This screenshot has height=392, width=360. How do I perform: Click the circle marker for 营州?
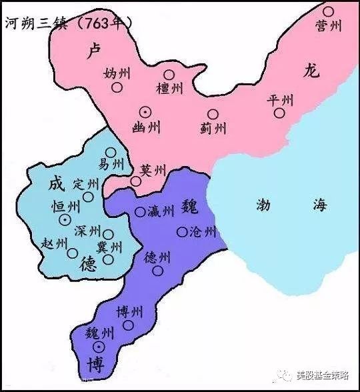click(328, 11)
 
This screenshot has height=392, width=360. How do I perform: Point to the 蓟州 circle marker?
click(213, 114)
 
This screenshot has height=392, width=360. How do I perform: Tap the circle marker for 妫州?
click(117, 87)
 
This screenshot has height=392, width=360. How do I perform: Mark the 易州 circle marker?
click(111, 152)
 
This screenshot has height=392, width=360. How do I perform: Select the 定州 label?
click(85, 183)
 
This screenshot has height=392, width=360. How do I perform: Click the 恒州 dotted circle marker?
click(65, 219)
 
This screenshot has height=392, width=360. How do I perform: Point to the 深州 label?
click(87, 231)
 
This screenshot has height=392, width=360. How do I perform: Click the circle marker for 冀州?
click(108, 259)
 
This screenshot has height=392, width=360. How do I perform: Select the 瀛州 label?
click(161, 211)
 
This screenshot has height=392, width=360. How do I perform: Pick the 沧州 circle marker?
click(182, 232)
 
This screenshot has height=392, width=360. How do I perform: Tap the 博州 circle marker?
click(128, 325)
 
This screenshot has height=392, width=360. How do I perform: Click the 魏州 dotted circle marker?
click(99, 347)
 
